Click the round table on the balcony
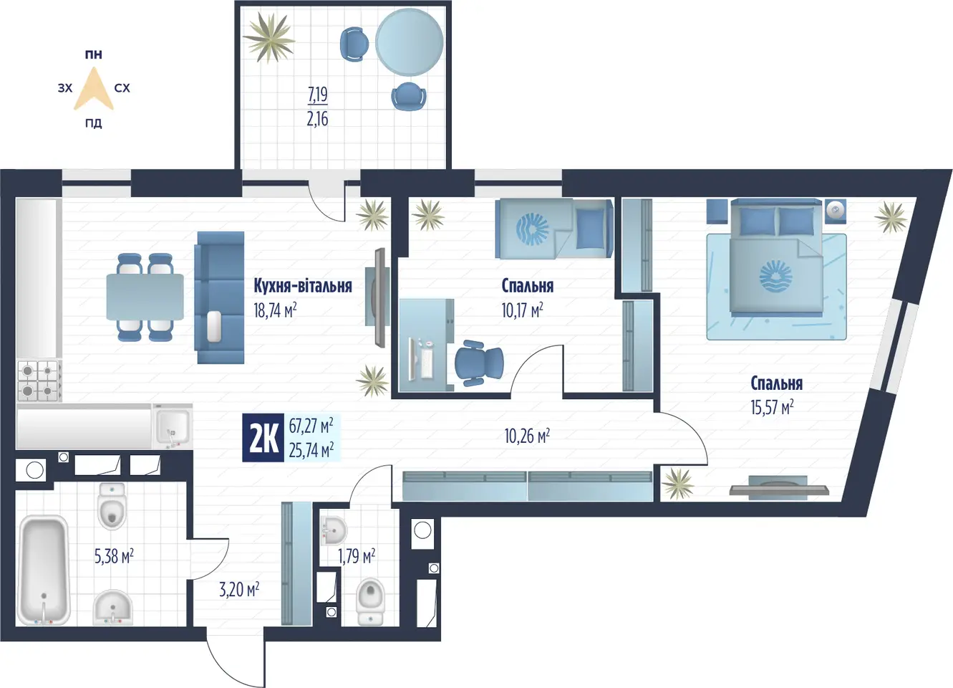[410, 42]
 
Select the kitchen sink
[173, 426]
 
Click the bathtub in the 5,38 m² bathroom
[44, 570]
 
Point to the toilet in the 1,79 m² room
[370, 601]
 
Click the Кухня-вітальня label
[302, 286]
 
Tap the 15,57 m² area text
[772, 408]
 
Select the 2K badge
[263, 438]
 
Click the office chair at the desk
[478, 363]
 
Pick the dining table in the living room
[145, 297]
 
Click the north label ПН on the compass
[94, 54]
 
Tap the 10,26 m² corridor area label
[527, 436]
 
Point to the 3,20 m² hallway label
[239, 590]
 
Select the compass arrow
[94, 90]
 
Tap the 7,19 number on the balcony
[317, 95]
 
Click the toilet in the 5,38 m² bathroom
[112, 506]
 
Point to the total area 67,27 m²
[311, 425]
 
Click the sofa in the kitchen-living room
[220, 297]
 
